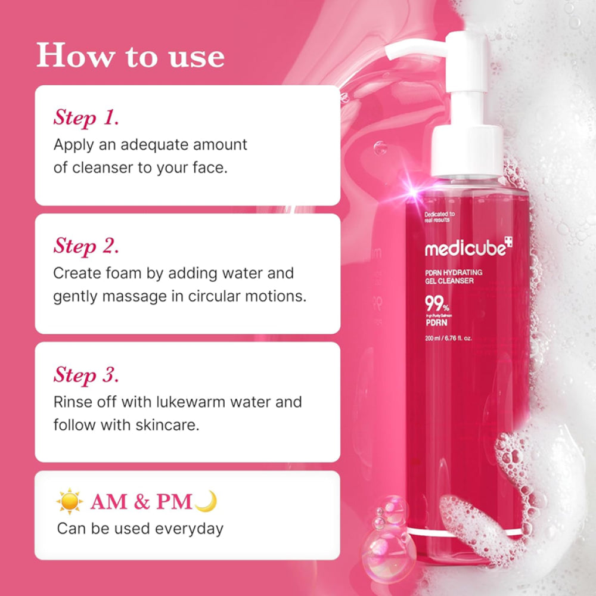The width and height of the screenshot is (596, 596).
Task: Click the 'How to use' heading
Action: pos(131,55)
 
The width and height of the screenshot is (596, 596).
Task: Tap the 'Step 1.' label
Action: pos(86,117)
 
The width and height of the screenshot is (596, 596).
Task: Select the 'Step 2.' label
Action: pos(86,246)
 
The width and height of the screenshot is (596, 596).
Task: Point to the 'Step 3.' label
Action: pos(86,375)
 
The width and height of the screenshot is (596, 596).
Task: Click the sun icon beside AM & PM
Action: pos(70,502)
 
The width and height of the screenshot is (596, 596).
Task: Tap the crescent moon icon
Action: pos(206,501)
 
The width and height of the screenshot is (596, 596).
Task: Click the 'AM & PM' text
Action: pos(141,502)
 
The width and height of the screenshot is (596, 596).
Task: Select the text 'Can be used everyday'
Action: pos(140,529)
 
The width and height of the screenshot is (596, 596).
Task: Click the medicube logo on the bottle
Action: pos(468,248)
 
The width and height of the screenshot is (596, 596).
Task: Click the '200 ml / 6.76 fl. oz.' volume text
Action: pos(448,339)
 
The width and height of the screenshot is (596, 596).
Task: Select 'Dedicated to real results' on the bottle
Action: pos(440,216)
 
